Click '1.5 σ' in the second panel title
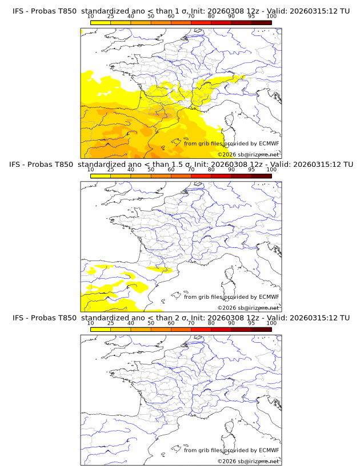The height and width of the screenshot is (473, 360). [178, 164]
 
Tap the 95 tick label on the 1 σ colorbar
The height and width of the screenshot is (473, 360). [251, 16]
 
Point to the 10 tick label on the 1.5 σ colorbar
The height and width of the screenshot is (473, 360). [91, 170]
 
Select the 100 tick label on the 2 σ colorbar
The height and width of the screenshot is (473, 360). [271, 323]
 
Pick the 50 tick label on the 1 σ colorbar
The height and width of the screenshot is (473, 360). [151, 16]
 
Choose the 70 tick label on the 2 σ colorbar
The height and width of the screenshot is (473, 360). [191, 323]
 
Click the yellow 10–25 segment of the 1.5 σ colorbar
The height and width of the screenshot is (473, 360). [101, 176]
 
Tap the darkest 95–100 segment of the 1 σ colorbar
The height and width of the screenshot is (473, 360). [261, 22]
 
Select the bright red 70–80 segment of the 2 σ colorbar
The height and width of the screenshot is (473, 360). [201, 329]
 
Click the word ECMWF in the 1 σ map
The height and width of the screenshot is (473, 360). [269, 143]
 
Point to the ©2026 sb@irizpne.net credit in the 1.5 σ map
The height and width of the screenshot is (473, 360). [248, 308]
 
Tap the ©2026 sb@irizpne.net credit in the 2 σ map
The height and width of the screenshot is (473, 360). [248, 461]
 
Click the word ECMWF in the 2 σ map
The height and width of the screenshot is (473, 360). [269, 450]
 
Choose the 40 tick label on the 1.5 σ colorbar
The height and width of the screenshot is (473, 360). [131, 170]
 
